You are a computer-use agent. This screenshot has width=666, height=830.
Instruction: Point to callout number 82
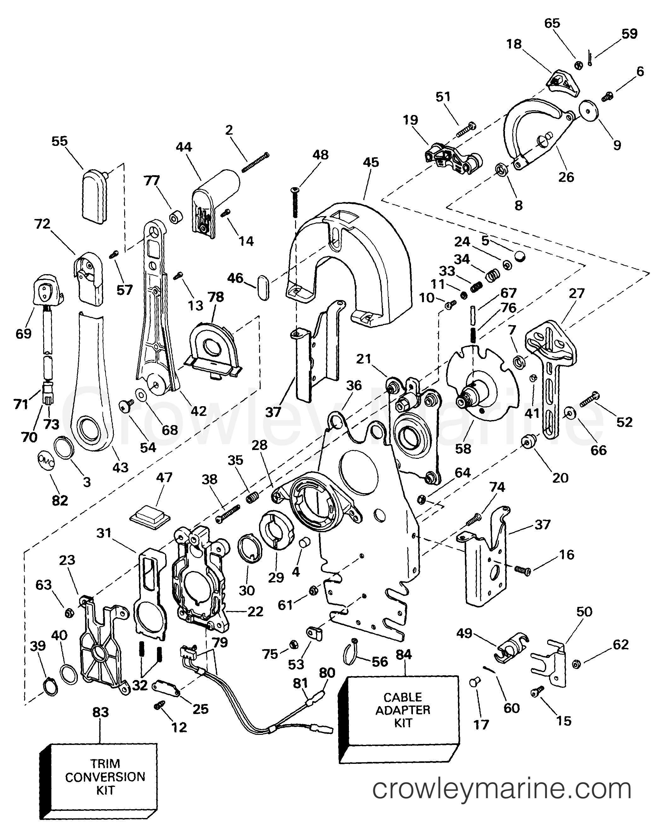[x=60, y=500]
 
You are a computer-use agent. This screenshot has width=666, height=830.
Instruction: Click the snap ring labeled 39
[x=50, y=686]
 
